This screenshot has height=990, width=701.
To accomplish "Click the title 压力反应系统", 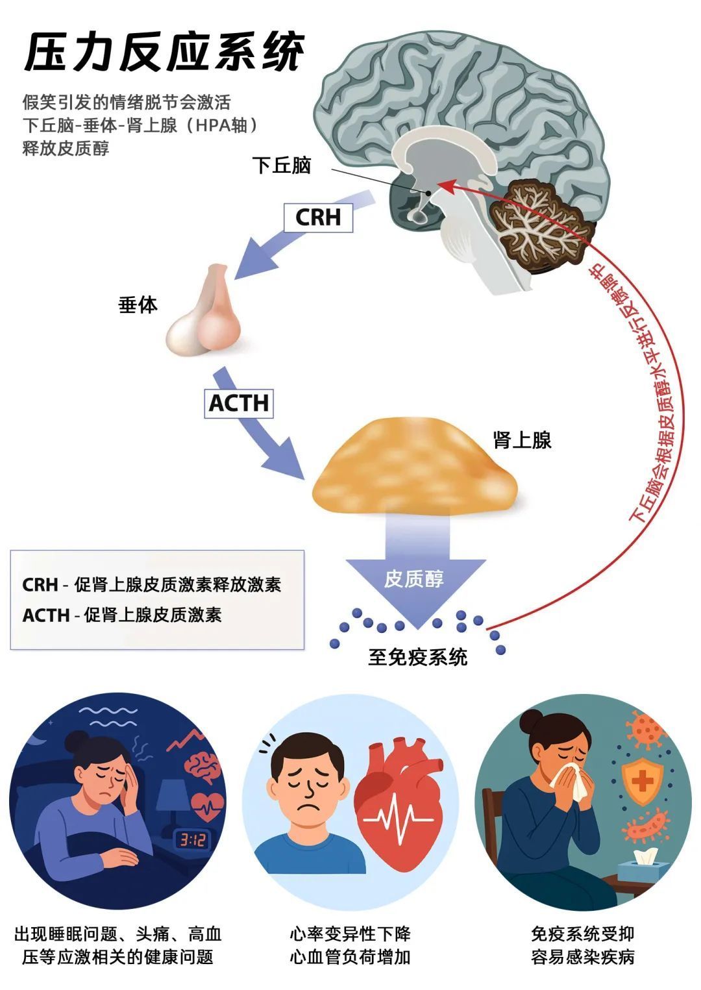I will pyautogui.click(x=164, y=52).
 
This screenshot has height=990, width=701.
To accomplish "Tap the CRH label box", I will pyautogui.click(x=318, y=217).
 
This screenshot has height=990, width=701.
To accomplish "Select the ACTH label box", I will pyautogui.click(x=238, y=403).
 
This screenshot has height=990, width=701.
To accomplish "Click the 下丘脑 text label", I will pyautogui.click(x=282, y=166).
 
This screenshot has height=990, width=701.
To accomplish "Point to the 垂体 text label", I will pyautogui.click(x=138, y=304).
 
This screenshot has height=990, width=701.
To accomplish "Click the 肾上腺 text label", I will pyautogui.click(x=523, y=440).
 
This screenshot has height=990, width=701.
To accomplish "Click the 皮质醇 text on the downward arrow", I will pyautogui.click(x=414, y=578).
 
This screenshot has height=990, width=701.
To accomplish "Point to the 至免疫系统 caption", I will pyautogui.click(x=417, y=657).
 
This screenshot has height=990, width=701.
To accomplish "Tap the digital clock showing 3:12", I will pyautogui.click(x=193, y=841).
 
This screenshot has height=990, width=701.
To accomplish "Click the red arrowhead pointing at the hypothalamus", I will pyautogui.click(x=444, y=186).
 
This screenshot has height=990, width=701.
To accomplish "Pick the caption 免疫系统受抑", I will pyautogui.click(x=582, y=934).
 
